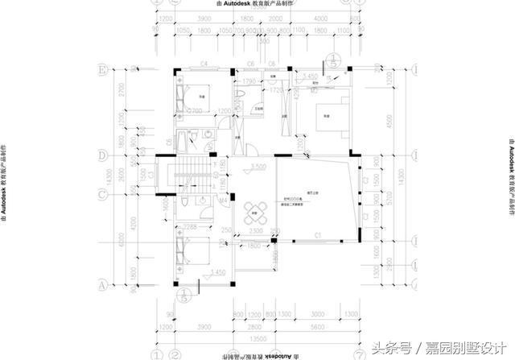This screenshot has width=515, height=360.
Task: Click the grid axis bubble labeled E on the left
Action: tap(102, 69)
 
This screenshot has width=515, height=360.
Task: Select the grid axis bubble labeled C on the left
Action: tap(102, 194)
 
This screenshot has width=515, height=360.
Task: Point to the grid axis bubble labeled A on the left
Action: tap(102, 284)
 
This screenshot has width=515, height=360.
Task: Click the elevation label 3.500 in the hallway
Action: tap(257, 167)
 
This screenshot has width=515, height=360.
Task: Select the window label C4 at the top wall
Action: tap(204, 62)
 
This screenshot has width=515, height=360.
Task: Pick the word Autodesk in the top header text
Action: tap(243, 4)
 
